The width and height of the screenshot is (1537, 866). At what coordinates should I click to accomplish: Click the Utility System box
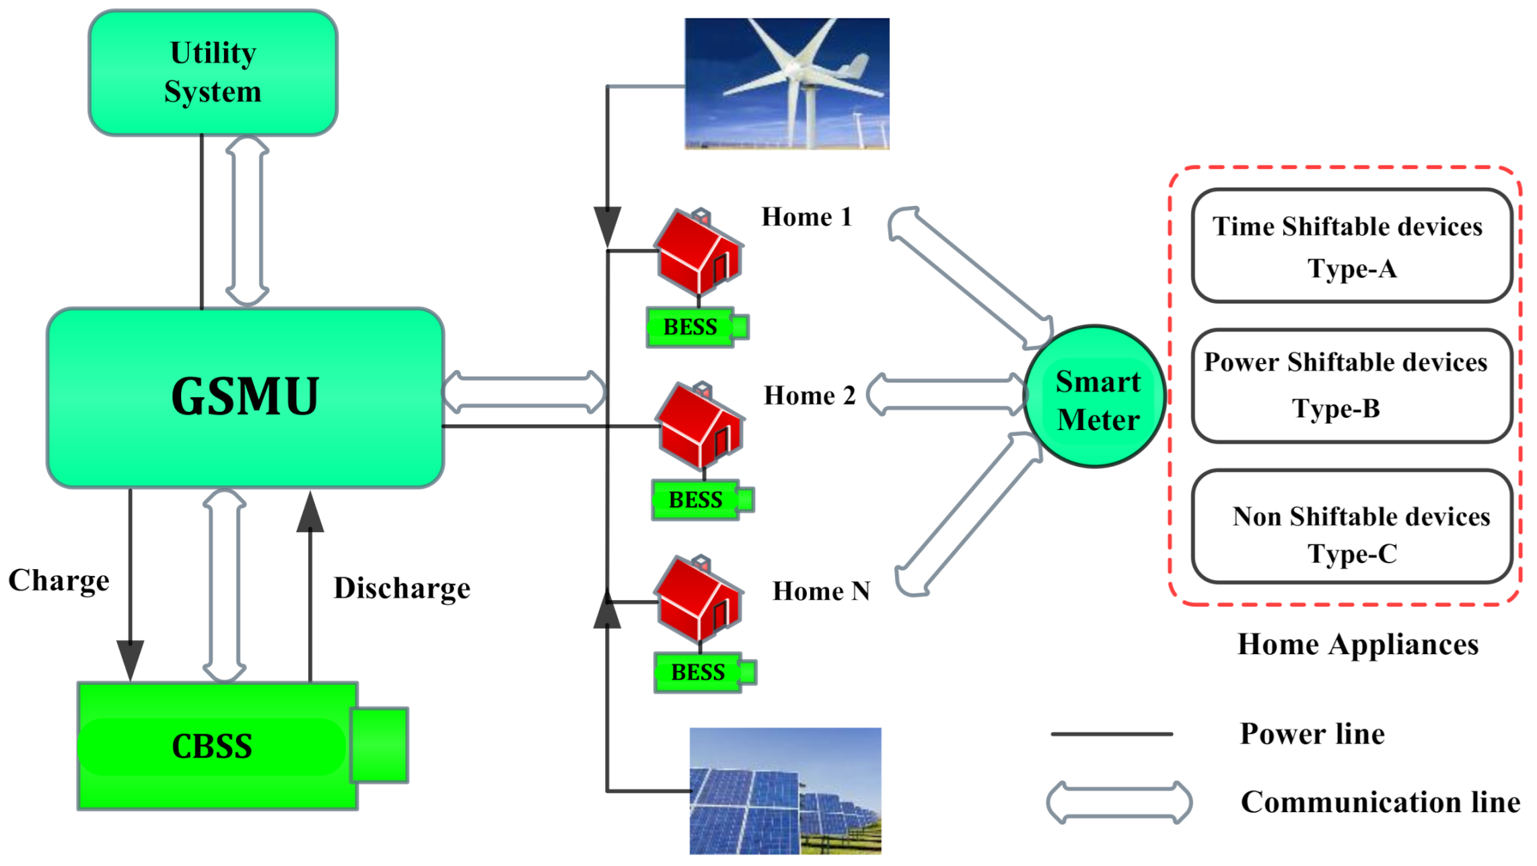(213, 73)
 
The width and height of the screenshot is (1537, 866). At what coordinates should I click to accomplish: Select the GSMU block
(245, 397)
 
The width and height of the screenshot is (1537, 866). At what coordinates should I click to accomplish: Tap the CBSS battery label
(212, 746)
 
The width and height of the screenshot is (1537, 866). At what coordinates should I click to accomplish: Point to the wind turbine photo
(787, 83)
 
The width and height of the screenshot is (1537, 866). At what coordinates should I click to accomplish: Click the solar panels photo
(785, 791)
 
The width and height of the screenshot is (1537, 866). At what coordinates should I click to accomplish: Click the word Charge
(59, 581)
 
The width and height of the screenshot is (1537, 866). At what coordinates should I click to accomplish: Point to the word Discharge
(402, 589)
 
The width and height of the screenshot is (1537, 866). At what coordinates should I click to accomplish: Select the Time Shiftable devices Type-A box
(1351, 246)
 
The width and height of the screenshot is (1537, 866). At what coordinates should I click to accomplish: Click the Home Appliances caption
(1357, 645)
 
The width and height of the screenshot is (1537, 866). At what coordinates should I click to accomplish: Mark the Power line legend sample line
(1111, 734)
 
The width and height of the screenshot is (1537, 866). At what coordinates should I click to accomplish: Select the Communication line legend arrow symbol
(1118, 802)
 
